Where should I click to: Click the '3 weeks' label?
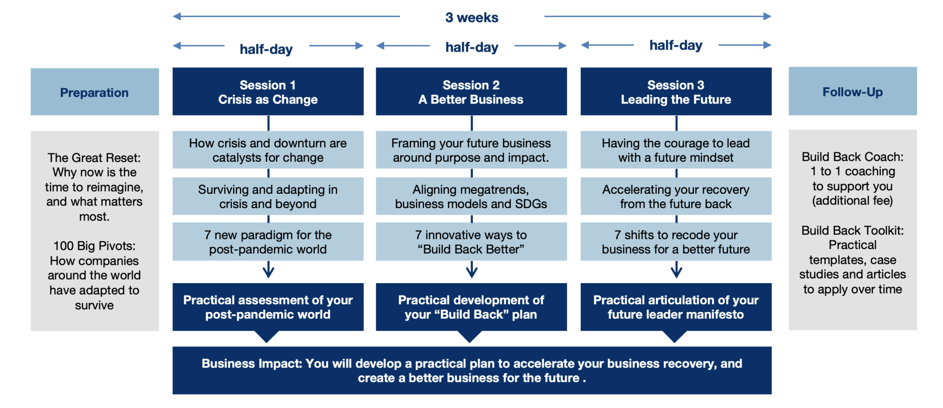[x=471, y=17]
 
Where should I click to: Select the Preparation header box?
[x=94, y=92]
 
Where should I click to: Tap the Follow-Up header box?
[x=852, y=92]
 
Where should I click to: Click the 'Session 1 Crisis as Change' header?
[x=268, y=92]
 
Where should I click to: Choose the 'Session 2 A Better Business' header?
[x=471, y=92]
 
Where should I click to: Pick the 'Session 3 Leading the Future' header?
[x=675, y=92]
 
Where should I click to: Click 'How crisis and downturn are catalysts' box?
[x=268, y=150]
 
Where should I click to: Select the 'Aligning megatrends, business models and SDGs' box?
[x=471, y=197]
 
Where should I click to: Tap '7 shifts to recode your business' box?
[x=675, y=242]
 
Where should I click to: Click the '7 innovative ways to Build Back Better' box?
[x=471, y=242]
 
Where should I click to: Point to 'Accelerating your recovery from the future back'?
[x=675, y=197]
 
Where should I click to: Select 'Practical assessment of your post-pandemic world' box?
[x=268, y=307]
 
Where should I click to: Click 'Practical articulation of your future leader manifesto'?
[x=675, y=307]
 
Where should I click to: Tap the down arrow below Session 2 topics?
[x=471, y=270]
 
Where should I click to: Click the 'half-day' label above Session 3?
[x=675, y=45]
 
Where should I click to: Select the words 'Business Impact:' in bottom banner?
[x=251, y=363]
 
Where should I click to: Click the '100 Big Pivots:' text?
[x=94, y=246]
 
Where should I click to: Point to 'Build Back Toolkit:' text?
[x=852, y=230]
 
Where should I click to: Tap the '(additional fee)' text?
[x=852, y=201]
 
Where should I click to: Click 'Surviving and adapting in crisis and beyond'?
[x=268, y=197]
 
